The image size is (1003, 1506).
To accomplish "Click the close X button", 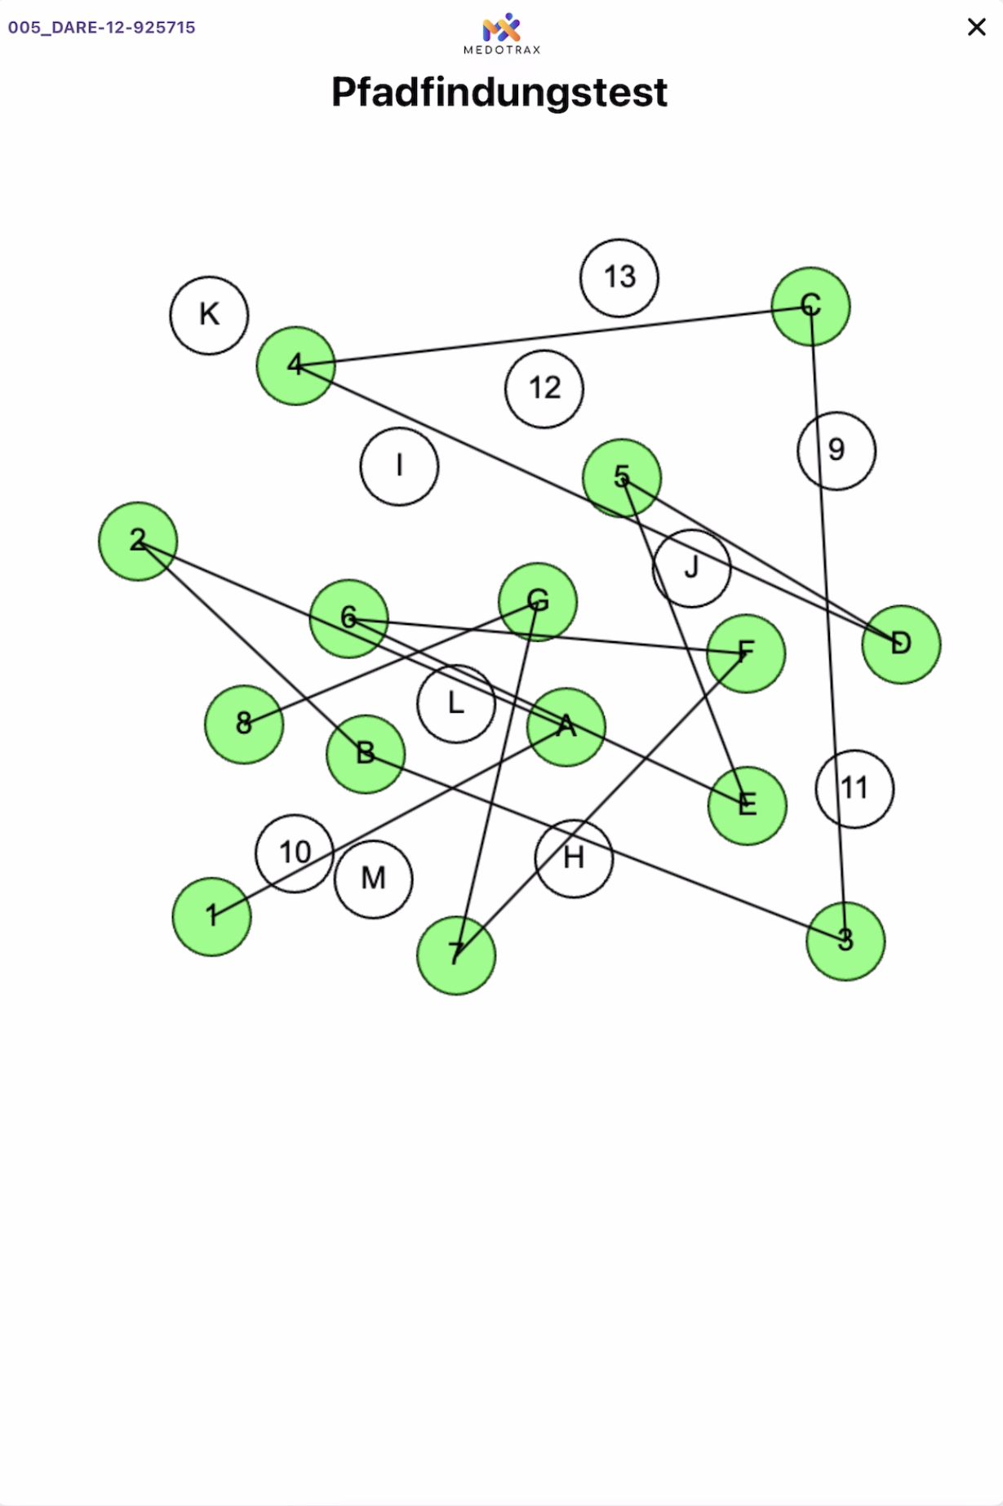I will (976, 27).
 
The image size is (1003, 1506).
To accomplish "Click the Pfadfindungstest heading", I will (499, 92).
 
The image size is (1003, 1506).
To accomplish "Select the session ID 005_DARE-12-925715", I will (102, 27).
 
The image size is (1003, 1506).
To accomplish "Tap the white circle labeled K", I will (209, 315).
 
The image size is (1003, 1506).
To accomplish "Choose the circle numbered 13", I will (619, 277).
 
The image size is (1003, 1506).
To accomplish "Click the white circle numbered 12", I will (544, 388).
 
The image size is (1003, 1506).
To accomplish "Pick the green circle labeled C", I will (810, 306).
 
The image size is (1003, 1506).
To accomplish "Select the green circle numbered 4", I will (295, 365).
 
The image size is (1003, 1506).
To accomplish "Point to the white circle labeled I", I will (399, 466).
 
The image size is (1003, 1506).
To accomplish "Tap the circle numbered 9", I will (837, 450).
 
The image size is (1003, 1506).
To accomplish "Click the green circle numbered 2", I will (138, 541).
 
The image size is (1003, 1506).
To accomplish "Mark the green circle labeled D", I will (901, 644).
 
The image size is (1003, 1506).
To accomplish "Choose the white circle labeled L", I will (455, 703).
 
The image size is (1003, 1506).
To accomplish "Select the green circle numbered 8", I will (244, 724).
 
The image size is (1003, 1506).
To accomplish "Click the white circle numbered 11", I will (854, 788).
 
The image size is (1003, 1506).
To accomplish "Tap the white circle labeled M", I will (373, 879).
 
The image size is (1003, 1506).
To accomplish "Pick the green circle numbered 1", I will (211, 916).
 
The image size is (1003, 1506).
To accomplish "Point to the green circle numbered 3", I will (845, 941).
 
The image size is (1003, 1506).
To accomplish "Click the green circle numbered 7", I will (456, 955).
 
